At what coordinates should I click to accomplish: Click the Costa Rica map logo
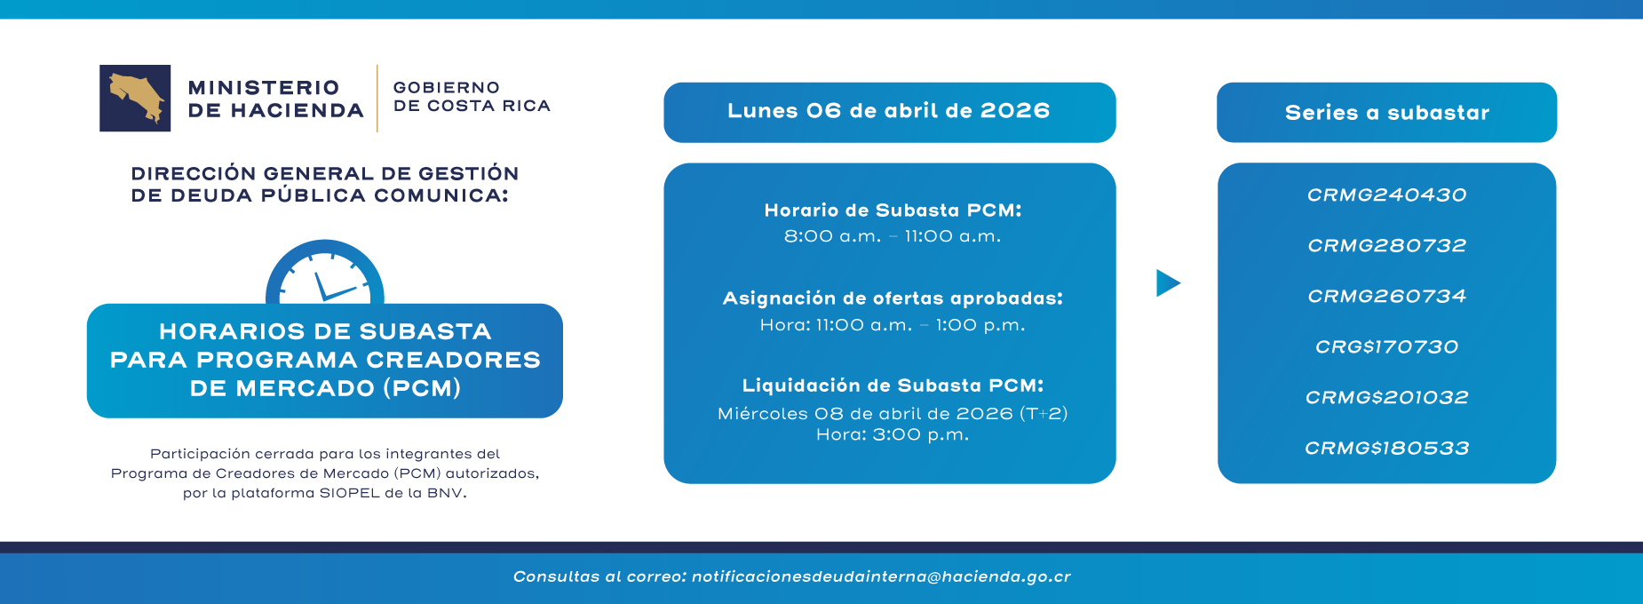pyautogui.click(x=135, y=98)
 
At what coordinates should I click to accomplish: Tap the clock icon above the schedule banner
pyautogui.click(x=325, y=274)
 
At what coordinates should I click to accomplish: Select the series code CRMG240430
pyautogui.click(x=1386, y=195)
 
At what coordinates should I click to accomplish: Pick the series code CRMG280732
pyautogui.click(x=1386, y=246)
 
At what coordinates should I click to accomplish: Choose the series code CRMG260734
pyautogui.click(x=1386, y=297)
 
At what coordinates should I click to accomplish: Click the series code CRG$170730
pyautogui.click(x=1386, y=347)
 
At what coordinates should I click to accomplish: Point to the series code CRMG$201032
pyautogui.click(x=1386, y=398)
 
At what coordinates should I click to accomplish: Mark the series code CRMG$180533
pyautogui.click(x=1386, y=449)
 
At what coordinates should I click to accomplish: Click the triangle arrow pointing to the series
pyautogui.click(x=1167, y=283)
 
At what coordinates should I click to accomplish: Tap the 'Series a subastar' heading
pyautogui.click(x=1386, y=113)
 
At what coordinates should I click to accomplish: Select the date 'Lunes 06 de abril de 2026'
pyautogui.click(x=888, y=111)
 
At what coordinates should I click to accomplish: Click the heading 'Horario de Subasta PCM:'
pyautogui.click(x=893, y=211)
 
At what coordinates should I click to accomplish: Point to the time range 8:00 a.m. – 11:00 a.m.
pyautogui.click(x=893, y=236)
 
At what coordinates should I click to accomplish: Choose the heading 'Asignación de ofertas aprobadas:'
pyautogui.click(x=893, y=298)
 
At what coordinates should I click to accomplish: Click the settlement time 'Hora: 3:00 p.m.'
pyautogui.click(x=893, y=435)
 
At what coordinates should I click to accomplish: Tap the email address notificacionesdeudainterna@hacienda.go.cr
pyautogui.click(x=881, y=577)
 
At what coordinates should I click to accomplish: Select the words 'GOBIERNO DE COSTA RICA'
pyautogui.click(x=471, y=97)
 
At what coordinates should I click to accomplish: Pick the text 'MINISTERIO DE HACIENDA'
pyautogui.click(x=275, y=99)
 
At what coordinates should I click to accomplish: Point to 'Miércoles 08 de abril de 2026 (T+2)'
pyautogui.click(x=893, y=414)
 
